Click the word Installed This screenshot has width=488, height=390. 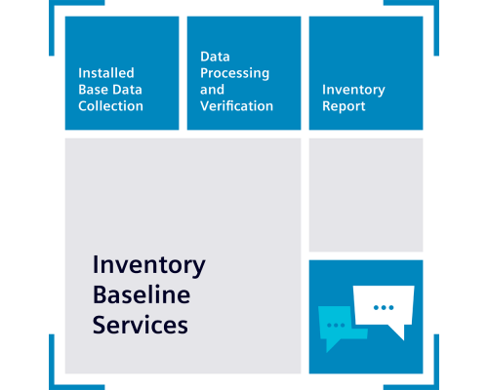click(106, 73)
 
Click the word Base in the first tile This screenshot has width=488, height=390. click(93, 90)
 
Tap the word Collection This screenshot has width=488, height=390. click(110, 106)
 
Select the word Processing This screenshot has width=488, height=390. click(234, 73)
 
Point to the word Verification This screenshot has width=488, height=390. click(236, 106)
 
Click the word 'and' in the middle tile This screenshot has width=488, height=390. click(212, 90)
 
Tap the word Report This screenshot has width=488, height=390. click(344, 106)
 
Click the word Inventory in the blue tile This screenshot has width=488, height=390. click(353, 90)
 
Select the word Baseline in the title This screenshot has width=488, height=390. click(142, 294)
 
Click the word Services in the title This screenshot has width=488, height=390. click(141, 325)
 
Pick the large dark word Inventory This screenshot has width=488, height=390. click(149, 266)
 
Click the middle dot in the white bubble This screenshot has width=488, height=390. click(384, 307)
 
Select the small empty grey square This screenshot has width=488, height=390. click(366, 195)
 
